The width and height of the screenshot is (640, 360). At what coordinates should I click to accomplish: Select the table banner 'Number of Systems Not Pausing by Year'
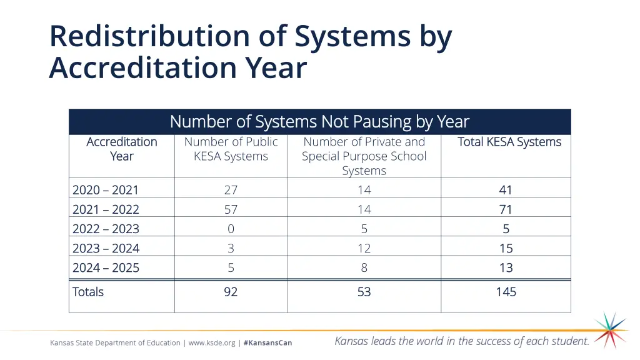pyautogui.click(x=319, y=121)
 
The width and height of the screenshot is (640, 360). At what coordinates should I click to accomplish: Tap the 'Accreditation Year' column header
pyautogui.click(x=122, y=149)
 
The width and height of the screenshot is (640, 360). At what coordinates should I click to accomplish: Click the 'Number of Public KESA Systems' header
pyautogui.click(x=231, y=149)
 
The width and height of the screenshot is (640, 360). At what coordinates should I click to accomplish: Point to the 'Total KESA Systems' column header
pyautogui.click(x=509, y=142)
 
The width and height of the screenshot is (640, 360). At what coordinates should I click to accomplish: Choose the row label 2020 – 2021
pyautogui.click(x=106, y=190)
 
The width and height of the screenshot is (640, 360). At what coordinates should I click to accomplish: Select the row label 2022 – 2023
pyautogui.click(x=106, y=229)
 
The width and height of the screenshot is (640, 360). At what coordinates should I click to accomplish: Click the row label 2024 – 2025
pyautogui.click(x=106, y=267)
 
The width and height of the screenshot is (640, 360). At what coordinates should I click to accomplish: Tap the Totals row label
pyautogui.click(x=88, y=292)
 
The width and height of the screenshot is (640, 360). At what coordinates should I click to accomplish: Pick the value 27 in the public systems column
pyautogui.click(x=231, y=190)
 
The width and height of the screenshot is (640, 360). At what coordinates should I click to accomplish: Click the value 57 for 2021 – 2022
pyautogui.click(x=231, y=209)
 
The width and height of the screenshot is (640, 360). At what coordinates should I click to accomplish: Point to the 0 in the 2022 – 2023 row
pyautogui.click(x=231, y=229)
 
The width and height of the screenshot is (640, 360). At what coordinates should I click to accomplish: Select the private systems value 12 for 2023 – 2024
pyautogui.click(x=364, y=248)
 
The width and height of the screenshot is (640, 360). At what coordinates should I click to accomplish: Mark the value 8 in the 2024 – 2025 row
pyautogui.click(x=364, y=267)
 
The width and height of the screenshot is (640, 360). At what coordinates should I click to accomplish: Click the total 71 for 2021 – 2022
pyautogui.click(x=506, y=209)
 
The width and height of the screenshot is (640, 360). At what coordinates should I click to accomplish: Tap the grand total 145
pyautogui.click(x=506, y=292)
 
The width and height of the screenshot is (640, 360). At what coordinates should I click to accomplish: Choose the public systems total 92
pyautogui.click(x=231, y=292)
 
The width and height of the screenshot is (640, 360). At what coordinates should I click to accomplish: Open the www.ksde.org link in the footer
pyautogui.click(x=212, y=342)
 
